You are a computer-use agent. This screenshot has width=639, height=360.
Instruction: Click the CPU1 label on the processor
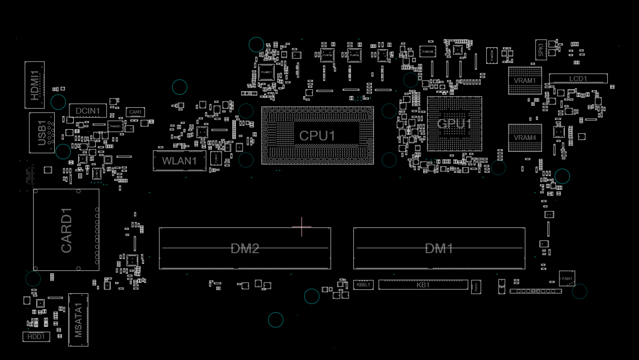[317, 136]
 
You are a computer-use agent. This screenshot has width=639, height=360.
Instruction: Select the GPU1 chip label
[454, 124]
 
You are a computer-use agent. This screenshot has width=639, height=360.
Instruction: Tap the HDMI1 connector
[35, 85]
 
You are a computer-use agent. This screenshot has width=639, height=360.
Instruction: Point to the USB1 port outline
[41, 133]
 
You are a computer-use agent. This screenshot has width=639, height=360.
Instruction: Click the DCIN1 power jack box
[88, 111]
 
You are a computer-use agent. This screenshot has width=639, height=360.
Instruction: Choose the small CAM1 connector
[135, 112]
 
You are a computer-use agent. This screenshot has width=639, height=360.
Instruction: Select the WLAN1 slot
[180, 160]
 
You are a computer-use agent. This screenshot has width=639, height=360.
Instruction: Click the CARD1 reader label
[66, 230]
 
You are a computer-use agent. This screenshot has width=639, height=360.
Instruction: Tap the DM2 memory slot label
[245, 248]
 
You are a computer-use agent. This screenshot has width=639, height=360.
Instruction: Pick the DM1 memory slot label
[439, 248]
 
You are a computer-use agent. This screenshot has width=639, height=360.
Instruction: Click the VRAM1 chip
[525, 80]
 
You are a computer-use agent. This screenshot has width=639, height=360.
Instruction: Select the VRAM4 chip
[525, 138]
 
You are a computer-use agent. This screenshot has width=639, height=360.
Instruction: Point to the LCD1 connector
[578, 79]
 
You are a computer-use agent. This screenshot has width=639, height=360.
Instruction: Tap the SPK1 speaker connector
[541, 49]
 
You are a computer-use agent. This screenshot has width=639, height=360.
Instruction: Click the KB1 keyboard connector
[423, 284]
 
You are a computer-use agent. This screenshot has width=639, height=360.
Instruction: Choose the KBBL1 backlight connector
[363, 284]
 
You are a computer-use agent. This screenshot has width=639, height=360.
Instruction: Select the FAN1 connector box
[567, 279]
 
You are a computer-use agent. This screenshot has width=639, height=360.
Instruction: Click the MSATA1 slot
[78, 320]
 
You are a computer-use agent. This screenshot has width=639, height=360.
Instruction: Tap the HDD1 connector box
[36, 337]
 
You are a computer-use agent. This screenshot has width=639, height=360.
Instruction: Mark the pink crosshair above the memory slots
[302, 227]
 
